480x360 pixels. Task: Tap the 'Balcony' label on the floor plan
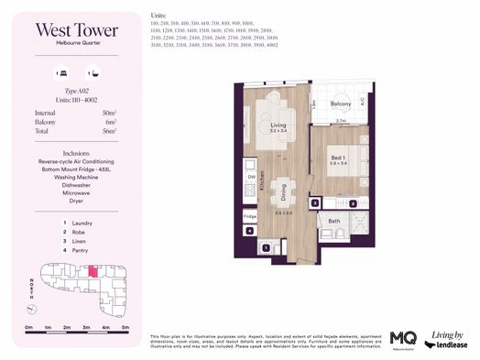coord(341,104)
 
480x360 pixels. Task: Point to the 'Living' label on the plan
coord(278,125)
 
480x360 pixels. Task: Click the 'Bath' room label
coord(334,221)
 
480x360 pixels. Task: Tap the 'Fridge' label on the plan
coord(250,216)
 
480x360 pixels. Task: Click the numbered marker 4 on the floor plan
coord(250,231)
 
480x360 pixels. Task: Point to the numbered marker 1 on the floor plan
coord(266,247)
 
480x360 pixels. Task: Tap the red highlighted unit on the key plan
coord(93,272)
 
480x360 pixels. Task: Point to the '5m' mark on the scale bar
coord(125,327)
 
